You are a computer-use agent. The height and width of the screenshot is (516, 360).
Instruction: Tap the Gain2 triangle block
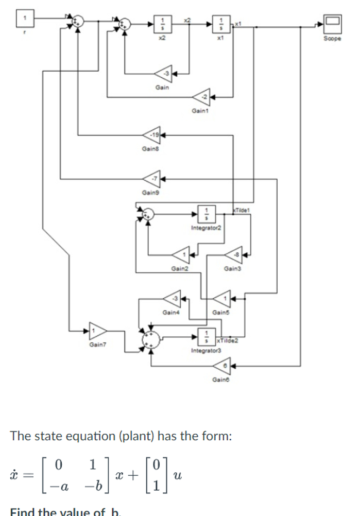point(180,254)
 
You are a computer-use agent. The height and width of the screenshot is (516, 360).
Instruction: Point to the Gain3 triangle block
point(235,254)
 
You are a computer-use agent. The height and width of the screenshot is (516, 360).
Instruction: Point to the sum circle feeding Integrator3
point(151,338)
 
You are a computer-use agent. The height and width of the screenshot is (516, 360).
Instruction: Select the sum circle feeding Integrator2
point(148,213)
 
